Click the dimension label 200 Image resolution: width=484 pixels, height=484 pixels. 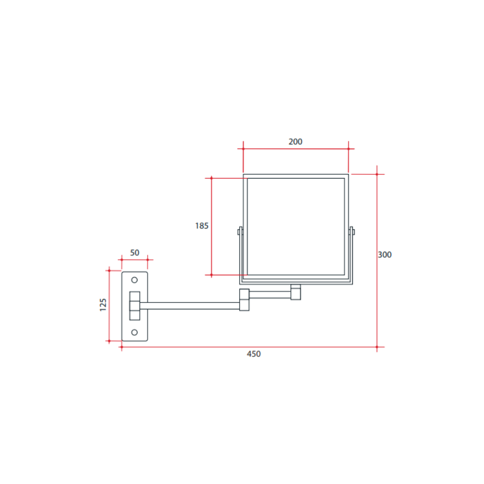click(x=295, y=142)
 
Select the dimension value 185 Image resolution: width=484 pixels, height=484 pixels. click(x=202, y=226)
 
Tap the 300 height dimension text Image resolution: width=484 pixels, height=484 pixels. click(x=385, y=255)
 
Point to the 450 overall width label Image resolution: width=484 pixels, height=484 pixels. click(x=254, y=354)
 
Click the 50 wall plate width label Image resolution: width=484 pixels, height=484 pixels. click(x=135, y=253)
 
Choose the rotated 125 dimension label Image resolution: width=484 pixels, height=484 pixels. click(x=103, y=305)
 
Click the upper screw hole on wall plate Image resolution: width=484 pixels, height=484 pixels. click(x=135, y=280)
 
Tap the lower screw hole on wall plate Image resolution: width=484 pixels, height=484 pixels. click(x=135, y=332)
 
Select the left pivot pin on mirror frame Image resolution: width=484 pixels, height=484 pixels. click(x=239, y=232)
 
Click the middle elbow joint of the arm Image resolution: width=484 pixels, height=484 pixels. click(x=244, y=300)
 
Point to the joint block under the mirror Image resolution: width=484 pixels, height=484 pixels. click(x=296, y=292)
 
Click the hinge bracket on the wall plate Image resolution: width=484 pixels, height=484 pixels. click(x=135, y=306)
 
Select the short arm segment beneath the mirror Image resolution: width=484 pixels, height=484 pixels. click(x=270, y=294)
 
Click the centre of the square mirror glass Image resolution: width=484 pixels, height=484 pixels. click(x=296, y=227)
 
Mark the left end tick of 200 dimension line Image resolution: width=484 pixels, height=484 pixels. click(x=243, y=149)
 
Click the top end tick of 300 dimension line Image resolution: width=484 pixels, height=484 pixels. click(x=377, y=174)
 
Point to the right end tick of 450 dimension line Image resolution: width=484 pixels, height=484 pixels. click(x=377, y=347)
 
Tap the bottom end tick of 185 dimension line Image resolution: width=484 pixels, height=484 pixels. click(x=212, y=275)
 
